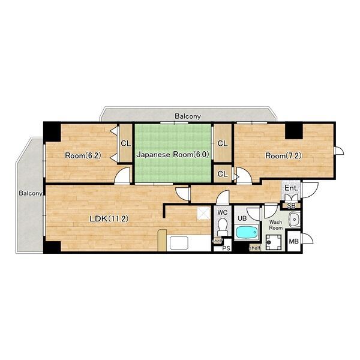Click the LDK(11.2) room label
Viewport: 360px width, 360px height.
pyautogui.click(x=109, y=218)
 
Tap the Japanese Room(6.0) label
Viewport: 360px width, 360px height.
pyautogui.click(x=173, y=155)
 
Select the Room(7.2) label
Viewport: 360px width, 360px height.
pyautogui.click(x=283, y=156)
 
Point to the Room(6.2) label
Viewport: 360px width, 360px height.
pyautogui.click(x=83, y=155)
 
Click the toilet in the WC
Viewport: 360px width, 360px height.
pyautogui.click(x=223, y=227)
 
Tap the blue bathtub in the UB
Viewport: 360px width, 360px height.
pyautogui.click(x=247, y=233)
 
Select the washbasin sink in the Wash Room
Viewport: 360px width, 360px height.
pyautogui.click(x=294, y=219)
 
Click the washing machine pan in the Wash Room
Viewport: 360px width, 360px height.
pyautogui.click(x=274, y=242)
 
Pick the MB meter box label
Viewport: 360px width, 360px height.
pyautogui.click(x=293, y=241)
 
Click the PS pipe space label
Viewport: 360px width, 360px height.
pyautogui.click(x=226, y=248)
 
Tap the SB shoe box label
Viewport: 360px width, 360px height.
pyautogui.click(x=292, y=206)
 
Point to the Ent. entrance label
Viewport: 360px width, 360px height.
pyautogui.click(x=292, y=188)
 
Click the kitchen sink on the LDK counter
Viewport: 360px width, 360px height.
pyautogui.click(x=179, y=243)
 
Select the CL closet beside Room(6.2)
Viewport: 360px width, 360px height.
pyautogui.click(x=126, y=144)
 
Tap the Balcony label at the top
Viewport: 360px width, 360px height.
pyautogui.click(x=188, y=116)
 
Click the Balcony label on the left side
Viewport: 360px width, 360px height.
pyautogui.click(x=31, y=193)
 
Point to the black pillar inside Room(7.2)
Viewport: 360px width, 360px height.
pyautogui.click(x=293, y=131)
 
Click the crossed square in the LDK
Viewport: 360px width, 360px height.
pyautogui.click(x=204, y=213)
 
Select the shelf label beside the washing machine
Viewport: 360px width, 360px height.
pyautogui.click(x=255, y=248)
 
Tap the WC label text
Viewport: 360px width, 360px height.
pyautogui.click(x=222, y=212)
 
